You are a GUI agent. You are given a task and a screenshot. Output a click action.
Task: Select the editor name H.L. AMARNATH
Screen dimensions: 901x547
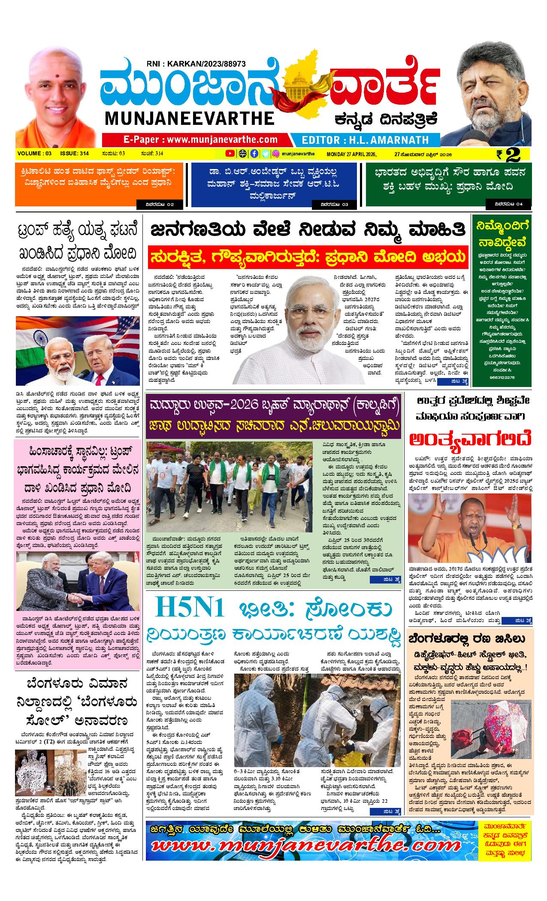(365, 140)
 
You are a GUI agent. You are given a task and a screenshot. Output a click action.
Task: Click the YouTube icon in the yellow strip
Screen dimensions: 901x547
(230, 154)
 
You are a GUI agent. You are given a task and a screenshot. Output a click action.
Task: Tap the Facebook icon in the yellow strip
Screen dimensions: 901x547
(254, 154)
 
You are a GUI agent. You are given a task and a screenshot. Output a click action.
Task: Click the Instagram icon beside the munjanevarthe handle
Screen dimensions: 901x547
(277, 154)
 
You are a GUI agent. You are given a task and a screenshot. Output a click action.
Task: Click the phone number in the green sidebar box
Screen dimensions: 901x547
(502, 377)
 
